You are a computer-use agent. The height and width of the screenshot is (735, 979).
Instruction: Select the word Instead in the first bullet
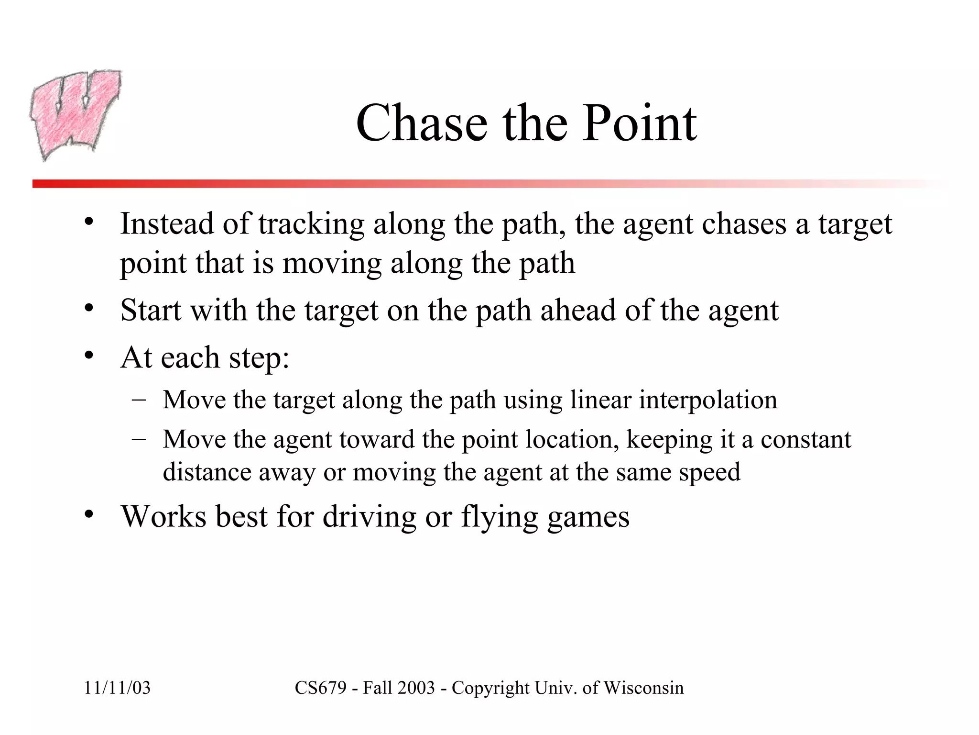tap(167, 223)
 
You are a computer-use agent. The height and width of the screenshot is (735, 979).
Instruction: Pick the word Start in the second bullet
tap(151, 310)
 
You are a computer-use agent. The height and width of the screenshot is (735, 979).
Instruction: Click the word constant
tap(805, 439)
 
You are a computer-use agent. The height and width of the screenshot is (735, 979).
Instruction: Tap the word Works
tap(163, 516)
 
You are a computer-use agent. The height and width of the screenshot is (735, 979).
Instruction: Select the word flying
tap(500, 517)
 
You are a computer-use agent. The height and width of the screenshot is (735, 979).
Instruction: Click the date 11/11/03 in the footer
tap(117, 688)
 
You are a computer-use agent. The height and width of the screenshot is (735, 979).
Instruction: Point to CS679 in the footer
tap(320, 688)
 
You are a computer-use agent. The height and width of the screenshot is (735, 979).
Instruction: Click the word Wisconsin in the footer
tap(644, 688)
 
